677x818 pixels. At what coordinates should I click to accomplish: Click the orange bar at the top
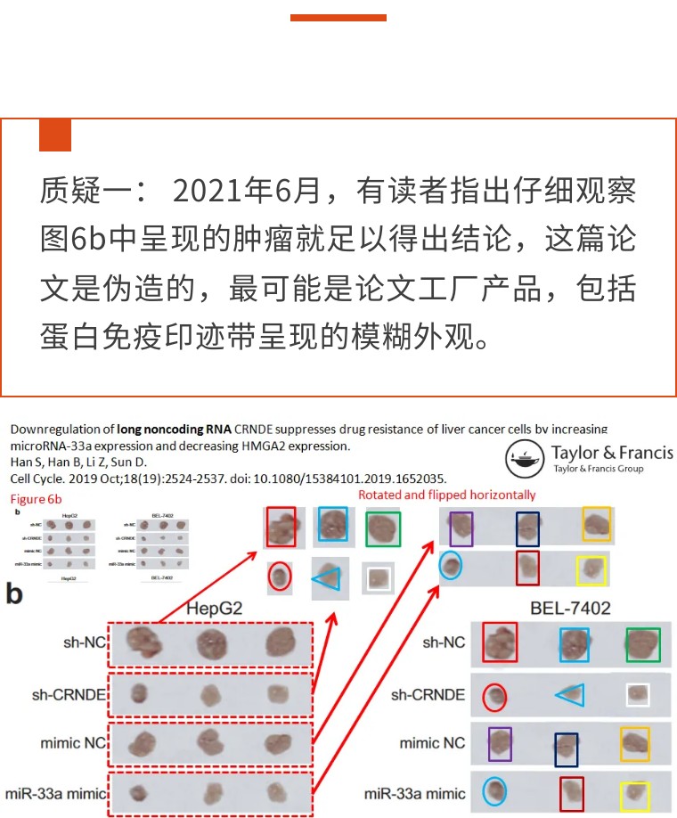tap(338, 17)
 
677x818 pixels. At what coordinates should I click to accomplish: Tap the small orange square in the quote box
tap(54, 135)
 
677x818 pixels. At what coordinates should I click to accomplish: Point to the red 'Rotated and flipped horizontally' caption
tap(447, 495)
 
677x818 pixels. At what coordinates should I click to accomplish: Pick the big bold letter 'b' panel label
tap(14, 594)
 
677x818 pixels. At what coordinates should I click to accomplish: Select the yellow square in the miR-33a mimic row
tap(635, 796)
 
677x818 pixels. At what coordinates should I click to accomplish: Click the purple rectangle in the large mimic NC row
tap(500, 745)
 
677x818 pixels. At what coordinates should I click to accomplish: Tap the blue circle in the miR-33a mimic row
tap(493, 792)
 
